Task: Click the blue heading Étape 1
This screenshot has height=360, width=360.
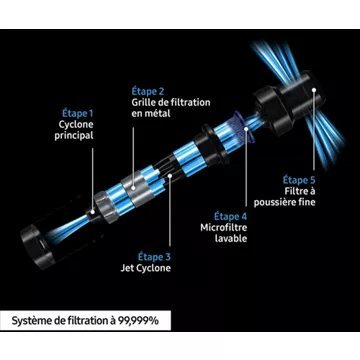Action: click(x=78, y=114)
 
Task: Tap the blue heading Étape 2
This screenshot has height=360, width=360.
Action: click(x=148, y=91)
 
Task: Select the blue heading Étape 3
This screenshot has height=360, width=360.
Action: click(x=154, y=257)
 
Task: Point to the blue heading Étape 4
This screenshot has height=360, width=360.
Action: click(x=230, y=217)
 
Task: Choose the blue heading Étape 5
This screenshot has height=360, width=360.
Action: click(x=299, y=180)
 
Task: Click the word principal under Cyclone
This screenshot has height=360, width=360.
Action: click(x=74, y=136)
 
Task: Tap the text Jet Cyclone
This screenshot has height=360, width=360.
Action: click(x=145, y=268)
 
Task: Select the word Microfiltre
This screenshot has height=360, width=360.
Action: click(x=224, y=228)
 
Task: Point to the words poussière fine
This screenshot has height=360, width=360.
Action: click(x=284, y=202)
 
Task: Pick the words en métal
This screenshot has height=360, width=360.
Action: click(x=151, y=113)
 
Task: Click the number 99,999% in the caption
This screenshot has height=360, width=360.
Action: click(x=139, y=321)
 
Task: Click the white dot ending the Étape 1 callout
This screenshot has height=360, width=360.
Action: click(x=93, y=211)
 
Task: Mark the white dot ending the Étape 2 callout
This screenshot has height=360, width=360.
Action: click(x=133, y=188)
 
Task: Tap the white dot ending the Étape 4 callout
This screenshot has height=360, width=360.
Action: click(x=246, y=128)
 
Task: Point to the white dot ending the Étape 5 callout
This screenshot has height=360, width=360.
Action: click(x=314, y=89)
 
